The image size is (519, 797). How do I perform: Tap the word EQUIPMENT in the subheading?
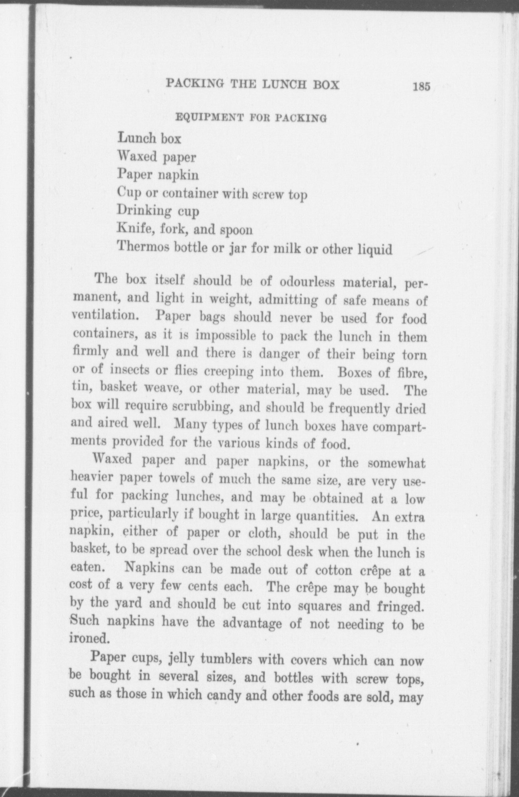tap(201, 118)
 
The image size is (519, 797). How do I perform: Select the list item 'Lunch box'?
tap(149, 138)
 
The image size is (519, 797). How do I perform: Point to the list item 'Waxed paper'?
tap(156, 157)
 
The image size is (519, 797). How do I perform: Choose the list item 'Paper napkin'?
tap(158, 175)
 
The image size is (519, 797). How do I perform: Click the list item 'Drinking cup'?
tap(158, 211)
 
